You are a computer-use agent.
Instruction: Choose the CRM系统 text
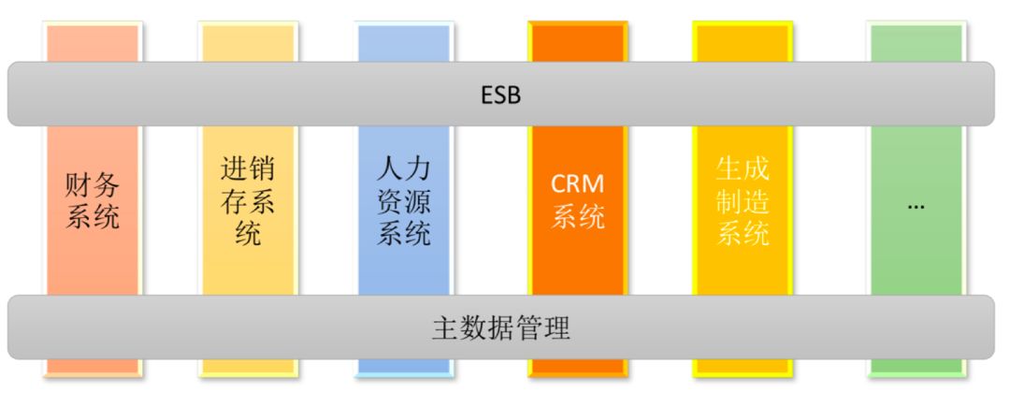coord(577,199)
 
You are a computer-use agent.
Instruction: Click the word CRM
coord(577,183)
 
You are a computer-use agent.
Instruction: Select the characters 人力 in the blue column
coord(404,171)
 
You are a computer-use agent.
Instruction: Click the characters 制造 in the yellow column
coord(743,201)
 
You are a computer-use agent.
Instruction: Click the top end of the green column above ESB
coord(916,43)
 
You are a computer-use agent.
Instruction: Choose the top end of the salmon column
coord(93,43)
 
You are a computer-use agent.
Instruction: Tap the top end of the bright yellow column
coord(743,42)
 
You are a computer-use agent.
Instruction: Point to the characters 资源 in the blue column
coord(404,201)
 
